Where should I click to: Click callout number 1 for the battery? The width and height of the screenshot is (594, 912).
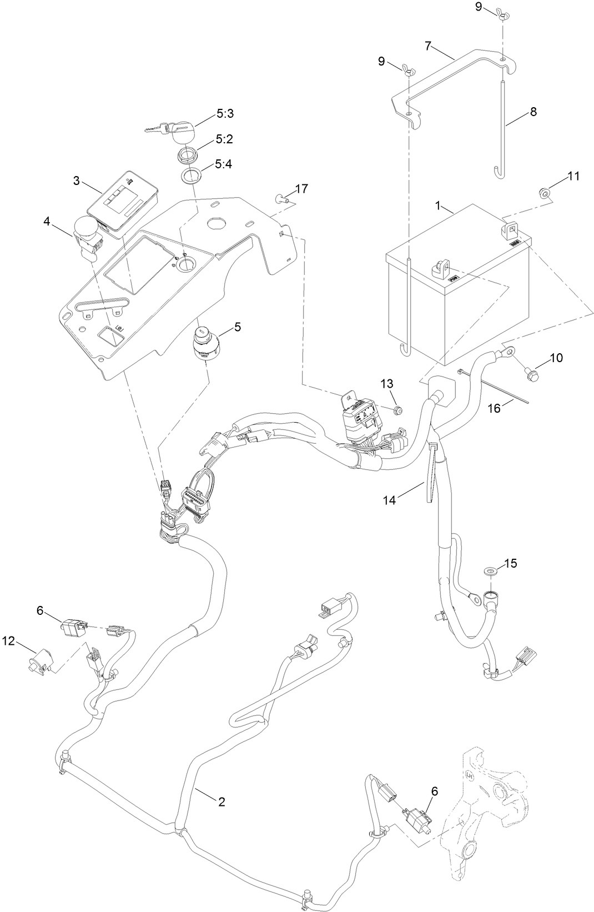click(x=438, y=206)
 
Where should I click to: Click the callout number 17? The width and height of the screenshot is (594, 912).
click(x=301, y=189)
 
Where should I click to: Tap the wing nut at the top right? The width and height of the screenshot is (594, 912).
click(x=502, y=16)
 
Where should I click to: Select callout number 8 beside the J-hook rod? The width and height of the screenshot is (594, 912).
click(x=533, y=112)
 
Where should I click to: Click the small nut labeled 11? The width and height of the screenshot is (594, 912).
click(x=545, y=193)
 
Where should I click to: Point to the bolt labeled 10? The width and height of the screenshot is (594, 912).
click(x=529, y=376)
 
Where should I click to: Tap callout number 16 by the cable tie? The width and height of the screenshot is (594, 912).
click(x=494, y=408)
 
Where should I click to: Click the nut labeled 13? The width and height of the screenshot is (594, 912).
click(x=396, y=410)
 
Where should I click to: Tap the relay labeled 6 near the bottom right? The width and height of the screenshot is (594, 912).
click(x=420, y=815)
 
